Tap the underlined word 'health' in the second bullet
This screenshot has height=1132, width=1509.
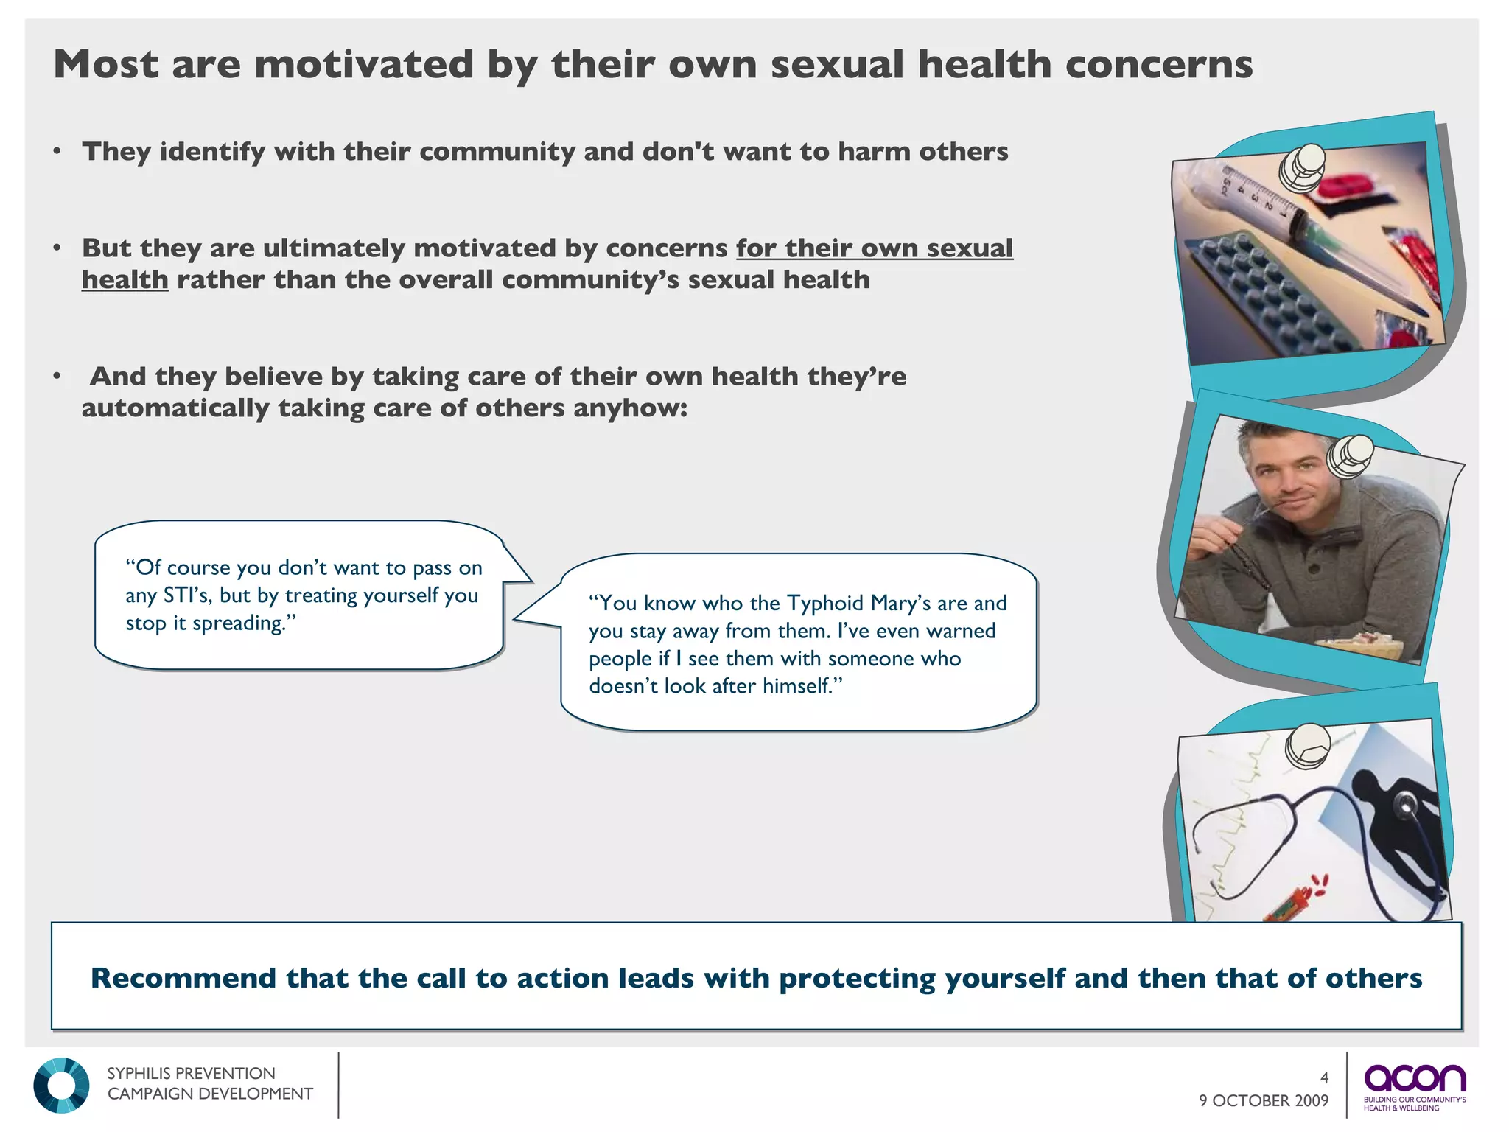[x=125, y=280]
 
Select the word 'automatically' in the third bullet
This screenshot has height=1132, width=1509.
[x=175, y=408]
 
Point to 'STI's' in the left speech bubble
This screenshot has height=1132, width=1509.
[x=187, y=595]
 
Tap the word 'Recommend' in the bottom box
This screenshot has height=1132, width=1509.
[x=183, y=979]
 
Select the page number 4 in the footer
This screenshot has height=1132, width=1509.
[x=1324, y=1077]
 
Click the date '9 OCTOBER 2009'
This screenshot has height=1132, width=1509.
[x=1263, y=1101]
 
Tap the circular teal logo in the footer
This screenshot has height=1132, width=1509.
[x=61, y=1086]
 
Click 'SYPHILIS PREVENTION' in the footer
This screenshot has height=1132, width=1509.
[x=191, y=1074]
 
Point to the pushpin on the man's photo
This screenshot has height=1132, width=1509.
[x=1351, y=455]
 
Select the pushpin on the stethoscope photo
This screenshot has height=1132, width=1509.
[x=1308, y=746]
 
